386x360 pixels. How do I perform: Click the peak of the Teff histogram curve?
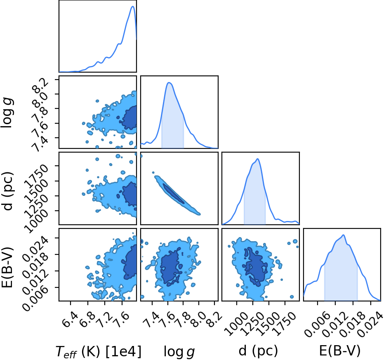pos(133,7)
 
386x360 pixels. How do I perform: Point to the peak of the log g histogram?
pos(169,83)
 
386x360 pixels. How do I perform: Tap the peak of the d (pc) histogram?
pos(258,159)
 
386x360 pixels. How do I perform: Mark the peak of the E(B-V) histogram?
pos(343,235)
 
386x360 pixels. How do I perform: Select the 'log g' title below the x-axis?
pos(179,351)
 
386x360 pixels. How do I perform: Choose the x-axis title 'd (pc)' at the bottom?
pos(258,351)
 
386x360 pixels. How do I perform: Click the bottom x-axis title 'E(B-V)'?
pos(340,351)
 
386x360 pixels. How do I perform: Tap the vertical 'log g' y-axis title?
pos(7,112)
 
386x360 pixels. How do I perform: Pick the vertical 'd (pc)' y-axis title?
pos(7,191)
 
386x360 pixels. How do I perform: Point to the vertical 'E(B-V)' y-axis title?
pos(7,267)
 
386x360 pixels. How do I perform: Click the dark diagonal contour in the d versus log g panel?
pos(173,194)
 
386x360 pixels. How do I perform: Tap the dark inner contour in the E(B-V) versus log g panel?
pos(170,267)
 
